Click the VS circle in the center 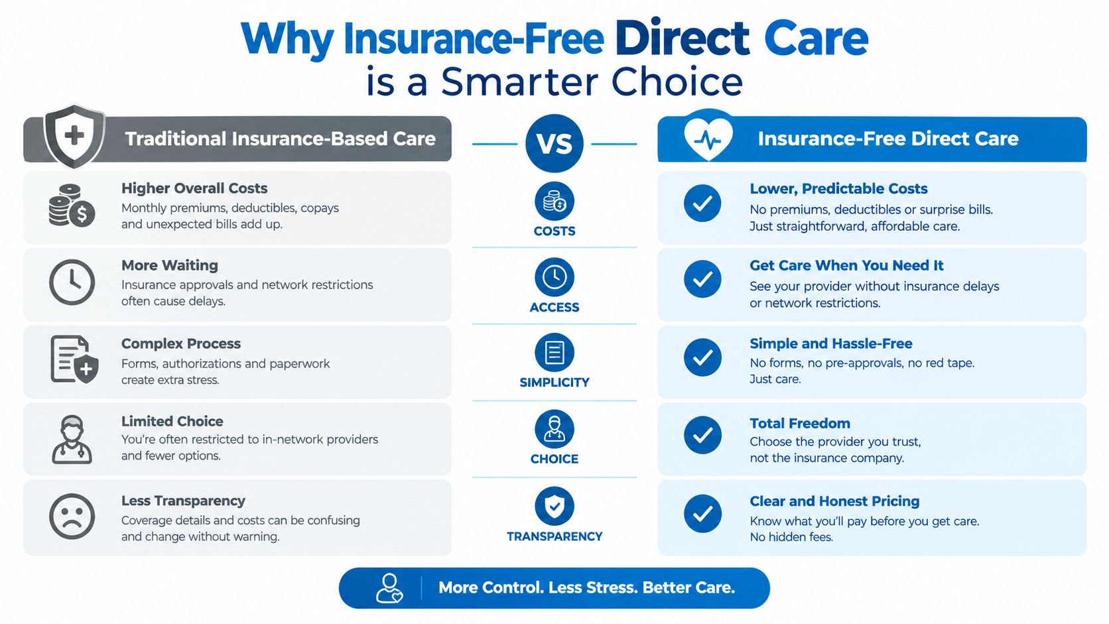554,143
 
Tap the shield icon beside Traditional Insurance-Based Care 74,136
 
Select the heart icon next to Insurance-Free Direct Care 708,136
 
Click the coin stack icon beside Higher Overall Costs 72,206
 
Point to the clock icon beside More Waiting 72,282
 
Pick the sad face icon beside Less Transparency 72,516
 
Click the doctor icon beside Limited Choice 72,440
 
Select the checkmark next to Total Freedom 702,435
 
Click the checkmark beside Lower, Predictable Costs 702,203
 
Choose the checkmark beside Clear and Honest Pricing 702,513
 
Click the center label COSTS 554,231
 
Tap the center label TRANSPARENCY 554,536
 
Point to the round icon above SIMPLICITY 554,352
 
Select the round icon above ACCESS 554,277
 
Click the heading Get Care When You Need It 846,266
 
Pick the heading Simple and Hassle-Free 831,343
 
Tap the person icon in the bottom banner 389,588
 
